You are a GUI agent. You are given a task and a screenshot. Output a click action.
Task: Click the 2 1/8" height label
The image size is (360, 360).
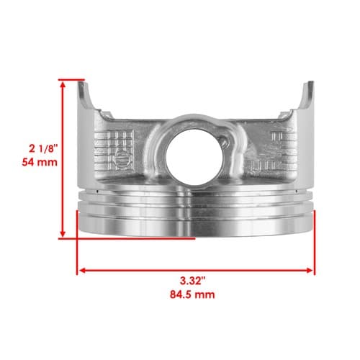(x=43, y=149)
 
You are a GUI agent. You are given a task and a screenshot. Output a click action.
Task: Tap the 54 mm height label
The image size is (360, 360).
(x=40, y=162)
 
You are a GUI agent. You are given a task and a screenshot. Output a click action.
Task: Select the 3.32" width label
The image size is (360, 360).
(x=193, y=281)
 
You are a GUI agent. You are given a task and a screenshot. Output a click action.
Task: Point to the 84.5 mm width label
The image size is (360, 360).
(x=192, y=294)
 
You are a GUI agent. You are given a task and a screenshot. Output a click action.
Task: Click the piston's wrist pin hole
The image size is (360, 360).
(x=194, y=157)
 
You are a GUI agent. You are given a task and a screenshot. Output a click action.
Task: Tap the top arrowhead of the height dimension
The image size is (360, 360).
(x=63, y=84)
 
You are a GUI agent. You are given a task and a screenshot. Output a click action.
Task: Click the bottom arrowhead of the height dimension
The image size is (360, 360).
(x=63, y=233)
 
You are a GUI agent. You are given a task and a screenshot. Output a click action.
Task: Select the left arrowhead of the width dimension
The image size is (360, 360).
(x=83, y=271)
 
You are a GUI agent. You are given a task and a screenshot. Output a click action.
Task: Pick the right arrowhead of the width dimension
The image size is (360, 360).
(x=310, y=271)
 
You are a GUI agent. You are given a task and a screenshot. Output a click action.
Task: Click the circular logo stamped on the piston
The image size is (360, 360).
(x=121, y=158)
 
